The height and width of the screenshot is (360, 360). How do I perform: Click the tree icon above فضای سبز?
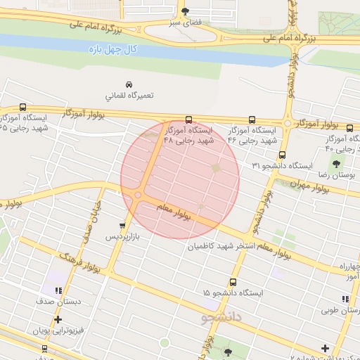185,11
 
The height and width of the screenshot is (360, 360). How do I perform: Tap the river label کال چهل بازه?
112,50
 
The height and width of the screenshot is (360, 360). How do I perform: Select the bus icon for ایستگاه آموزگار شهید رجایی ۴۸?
188,120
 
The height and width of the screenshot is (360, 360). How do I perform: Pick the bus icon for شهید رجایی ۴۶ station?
252,120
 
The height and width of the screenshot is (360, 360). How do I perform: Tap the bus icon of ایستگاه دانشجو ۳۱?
282,155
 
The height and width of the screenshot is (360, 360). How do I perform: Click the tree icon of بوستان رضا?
335,163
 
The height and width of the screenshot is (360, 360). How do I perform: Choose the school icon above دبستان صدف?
58,290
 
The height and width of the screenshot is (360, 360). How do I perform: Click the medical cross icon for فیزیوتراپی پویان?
58,319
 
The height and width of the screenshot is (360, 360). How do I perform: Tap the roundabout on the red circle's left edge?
139,195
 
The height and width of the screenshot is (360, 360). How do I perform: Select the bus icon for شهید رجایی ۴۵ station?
22,108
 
